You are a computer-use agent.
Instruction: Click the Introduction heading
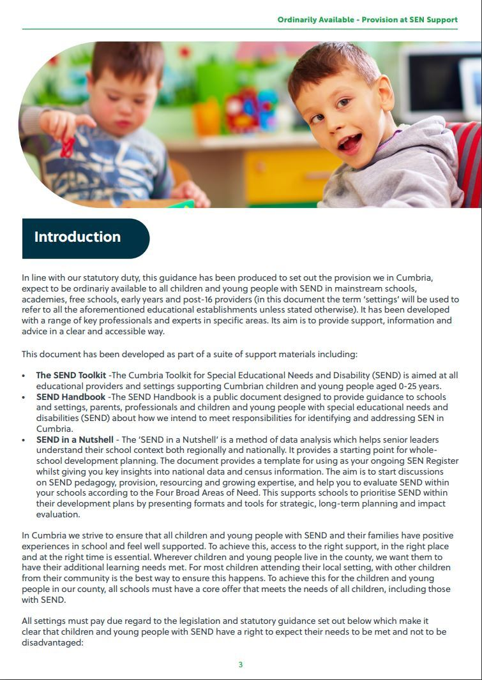(x=77, y=237)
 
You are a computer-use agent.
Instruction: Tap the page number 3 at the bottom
(x=241, y=665)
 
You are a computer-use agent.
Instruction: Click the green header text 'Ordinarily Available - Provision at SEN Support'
(x=367, y=20)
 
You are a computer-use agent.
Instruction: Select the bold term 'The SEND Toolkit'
(x=71, y=376)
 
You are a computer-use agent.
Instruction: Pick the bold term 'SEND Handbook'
(x=71, y=397)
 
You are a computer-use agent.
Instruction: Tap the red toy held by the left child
(x=67, y=147)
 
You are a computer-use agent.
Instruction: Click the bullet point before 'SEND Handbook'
(x=24, y=397)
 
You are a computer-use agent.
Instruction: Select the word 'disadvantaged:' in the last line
(x=53, y=642)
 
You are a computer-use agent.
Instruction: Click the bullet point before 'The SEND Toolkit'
(x=24, y=376)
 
